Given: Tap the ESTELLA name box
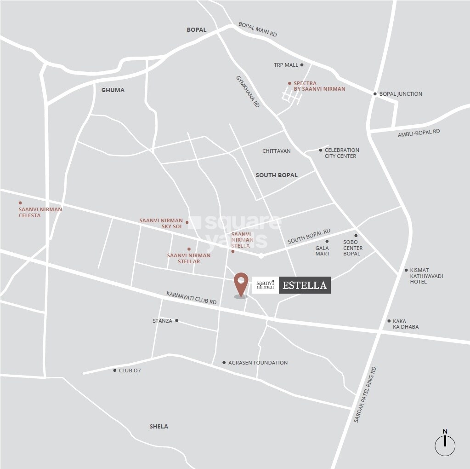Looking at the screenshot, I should pos(305,285).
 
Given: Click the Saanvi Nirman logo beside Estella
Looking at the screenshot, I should pos(265,285).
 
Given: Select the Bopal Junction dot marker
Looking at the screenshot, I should pos(375,94).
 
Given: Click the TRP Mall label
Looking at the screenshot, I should pos(286,65).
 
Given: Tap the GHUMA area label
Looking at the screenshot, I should pos(113,90).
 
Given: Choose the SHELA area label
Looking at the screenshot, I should pos(159,426).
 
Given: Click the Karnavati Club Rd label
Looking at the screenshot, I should pos(191,298).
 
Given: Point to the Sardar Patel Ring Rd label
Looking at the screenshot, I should pos(365,395).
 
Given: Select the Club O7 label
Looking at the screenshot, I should pos(130,370).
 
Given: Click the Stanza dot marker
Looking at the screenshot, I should pos(176,320).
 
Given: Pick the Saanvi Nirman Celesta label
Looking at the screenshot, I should pos(40,212).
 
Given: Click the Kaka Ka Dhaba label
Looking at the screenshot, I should pos(406,324).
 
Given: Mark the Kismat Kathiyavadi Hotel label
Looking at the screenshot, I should pos(426,276).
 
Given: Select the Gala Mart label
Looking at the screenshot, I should pos(322,251).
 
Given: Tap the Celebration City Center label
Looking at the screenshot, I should pos(342,153).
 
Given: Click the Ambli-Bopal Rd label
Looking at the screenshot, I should pos(419,133).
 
